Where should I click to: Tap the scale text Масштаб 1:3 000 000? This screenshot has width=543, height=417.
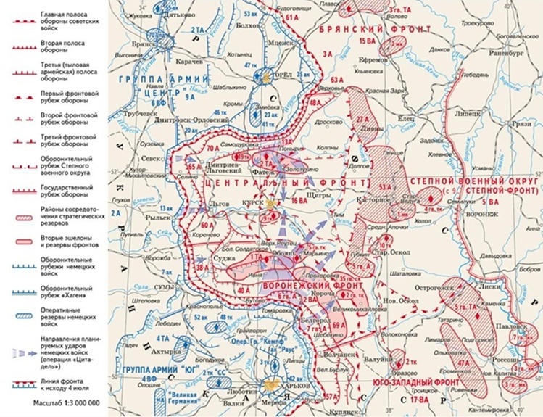(x=66, y=401)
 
